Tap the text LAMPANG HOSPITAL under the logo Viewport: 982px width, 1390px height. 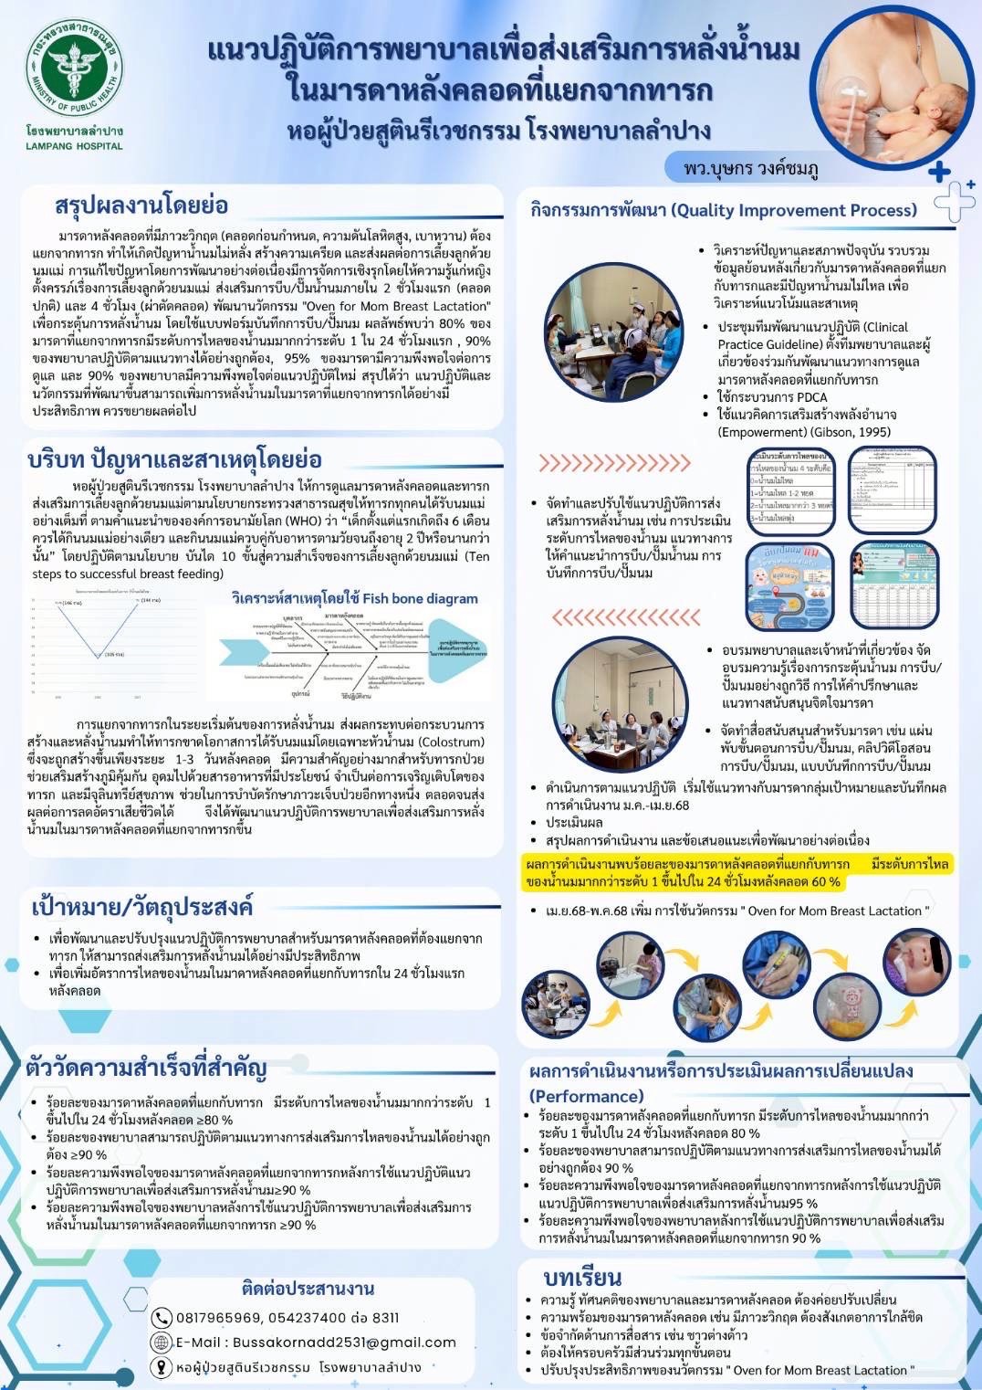pyautogui.click(x=74, y=146)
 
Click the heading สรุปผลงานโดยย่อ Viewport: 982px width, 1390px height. pyautogui.click(x=141, y=205)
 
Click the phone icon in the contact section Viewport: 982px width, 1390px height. pyautogui.click(x=162, y=1318)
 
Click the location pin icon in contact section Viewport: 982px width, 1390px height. pyautogui.click(x=162, y=1367)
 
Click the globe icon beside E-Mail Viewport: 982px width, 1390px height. pyautogui.click(x=162, y=1343)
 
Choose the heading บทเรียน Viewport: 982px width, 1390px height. pyautogui.click(x=582, y=1277)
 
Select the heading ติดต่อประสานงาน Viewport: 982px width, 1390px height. pyautogui.click(x=308, y=1289)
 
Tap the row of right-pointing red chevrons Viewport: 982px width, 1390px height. pyautogui.click(x=614, y=462)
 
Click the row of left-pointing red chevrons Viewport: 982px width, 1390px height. pyautogui.click(x=626, y=618)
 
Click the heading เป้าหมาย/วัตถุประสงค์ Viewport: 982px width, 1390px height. pyautogui.click(x=141, y=906)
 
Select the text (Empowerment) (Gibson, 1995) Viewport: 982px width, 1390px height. pyautogui.click(x=803, y=432)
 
